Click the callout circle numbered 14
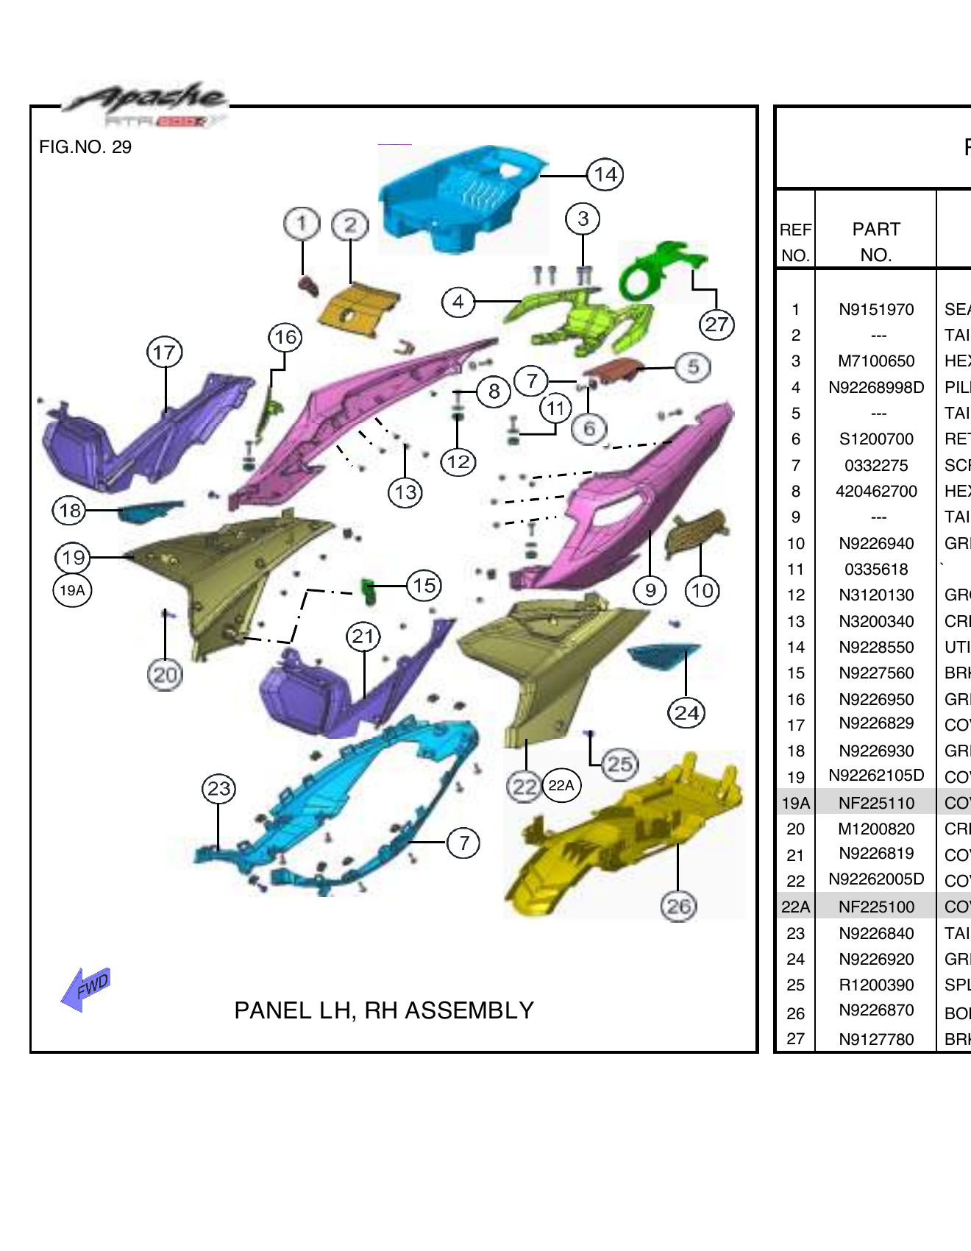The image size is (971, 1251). pyautogui.click(x=605, y=175)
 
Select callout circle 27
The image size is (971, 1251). pyautogui.click(x=716, y=325)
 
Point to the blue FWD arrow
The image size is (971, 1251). pyautogui.click(x=87, y=988)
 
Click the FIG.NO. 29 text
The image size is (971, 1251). pyautogui.click(x=85, y=147)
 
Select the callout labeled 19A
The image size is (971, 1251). pyautogui.click(x=72, y=590)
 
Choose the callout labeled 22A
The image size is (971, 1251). pyautogui.click(x=561, y=786)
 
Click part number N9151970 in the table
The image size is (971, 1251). pyautogui.click(x=876, y=310)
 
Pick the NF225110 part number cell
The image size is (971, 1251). pyautogui.click(x=876, y=804)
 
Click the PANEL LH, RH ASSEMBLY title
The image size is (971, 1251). pyautogui.click(x=384, y=1010)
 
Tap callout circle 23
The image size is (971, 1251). pyautogui.click(x=219, y=789)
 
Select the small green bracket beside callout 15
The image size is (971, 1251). pyautogui.click(x=369, y=589)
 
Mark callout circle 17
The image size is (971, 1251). pyautogui.click(x=165, y=352)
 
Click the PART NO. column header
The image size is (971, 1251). pyautogui.click(x=876, y=241)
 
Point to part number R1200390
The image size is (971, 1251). pyautogui.click(x=876, y=985)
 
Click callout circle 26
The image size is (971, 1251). pyautogui.click(x=678, y=907)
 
